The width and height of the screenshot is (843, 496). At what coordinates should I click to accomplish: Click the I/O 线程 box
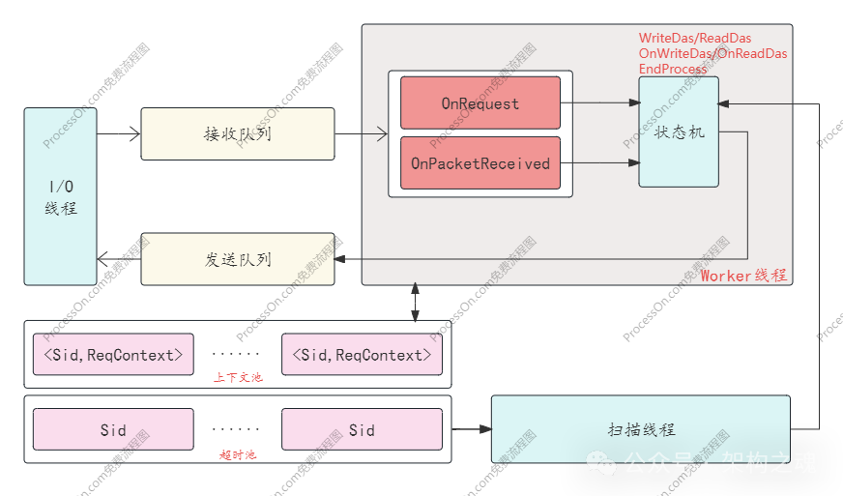[60, 196]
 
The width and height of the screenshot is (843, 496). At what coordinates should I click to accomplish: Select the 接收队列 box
[238, 133]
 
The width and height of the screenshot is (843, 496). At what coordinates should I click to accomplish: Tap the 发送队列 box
[238, 259]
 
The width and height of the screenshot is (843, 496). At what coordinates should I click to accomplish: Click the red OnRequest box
[480, 102]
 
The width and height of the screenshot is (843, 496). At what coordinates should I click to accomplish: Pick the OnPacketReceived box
[480, 163]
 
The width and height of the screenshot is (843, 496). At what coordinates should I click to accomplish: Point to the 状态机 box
[679, 131]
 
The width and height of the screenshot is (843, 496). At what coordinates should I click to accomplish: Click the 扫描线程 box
[641, 429]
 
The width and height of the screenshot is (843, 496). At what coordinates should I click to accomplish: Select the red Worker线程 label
[743, 276]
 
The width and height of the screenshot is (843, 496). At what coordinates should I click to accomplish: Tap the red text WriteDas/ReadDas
[695, 39]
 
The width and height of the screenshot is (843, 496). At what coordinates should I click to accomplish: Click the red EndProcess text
[674, 70]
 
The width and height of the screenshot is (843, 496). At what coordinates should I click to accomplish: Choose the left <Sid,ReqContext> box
[113, 355]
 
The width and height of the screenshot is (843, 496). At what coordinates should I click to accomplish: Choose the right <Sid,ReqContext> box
[362, 355]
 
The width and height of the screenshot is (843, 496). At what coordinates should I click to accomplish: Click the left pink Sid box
[113, 429]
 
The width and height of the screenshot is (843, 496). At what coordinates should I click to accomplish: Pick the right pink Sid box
[362, 429]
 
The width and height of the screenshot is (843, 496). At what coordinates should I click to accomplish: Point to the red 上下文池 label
[237, 377]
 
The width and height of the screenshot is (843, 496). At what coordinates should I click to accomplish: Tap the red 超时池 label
[237, 453]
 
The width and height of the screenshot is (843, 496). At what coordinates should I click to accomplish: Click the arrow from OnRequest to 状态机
[599, 102]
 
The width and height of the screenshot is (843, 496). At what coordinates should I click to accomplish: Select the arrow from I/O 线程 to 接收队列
[119, 133]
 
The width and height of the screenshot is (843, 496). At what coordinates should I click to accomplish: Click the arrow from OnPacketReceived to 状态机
[599, 163]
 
